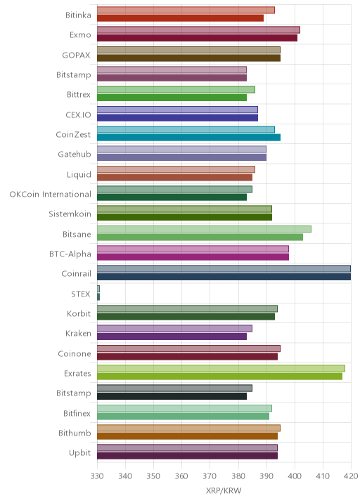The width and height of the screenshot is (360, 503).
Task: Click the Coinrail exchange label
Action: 76,274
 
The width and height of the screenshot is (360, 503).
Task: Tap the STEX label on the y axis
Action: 81,294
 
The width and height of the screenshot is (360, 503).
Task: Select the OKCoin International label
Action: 51,194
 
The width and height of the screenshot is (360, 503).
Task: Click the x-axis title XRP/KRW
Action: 224,491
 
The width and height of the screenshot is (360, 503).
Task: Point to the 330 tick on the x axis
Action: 97,476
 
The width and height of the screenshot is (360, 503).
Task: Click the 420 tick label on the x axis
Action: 351,476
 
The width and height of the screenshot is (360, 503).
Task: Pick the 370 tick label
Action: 210,476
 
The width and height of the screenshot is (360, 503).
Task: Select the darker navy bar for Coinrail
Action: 224,277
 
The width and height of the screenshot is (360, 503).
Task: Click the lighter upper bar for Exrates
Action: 221,368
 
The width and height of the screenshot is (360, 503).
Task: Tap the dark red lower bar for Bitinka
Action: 180,18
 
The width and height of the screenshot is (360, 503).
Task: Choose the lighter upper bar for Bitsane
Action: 204,229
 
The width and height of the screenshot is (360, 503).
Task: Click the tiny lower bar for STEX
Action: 98,296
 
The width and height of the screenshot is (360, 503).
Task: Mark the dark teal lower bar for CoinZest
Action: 189,137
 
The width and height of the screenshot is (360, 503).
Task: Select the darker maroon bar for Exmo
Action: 197,38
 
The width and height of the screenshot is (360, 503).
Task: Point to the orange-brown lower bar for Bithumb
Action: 187,436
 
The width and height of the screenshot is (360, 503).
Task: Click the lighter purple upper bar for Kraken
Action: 174,329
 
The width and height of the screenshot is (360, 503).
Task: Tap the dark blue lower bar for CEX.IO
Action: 178,117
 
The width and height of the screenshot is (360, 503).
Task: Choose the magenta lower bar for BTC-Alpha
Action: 193,256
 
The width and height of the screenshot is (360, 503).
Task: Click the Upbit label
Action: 80,453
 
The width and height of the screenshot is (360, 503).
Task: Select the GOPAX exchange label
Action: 77,55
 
